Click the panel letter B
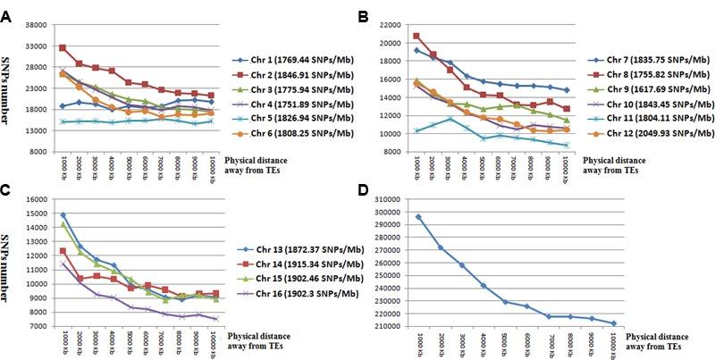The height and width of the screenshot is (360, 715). pyautogui.click(x=366, y=17)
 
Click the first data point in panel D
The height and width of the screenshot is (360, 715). pyautogui.click(x=419, y=216)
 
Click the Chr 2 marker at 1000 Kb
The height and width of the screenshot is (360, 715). pyautogui.click(x=63, y=47)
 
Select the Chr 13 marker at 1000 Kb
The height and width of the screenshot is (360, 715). pyautogui.click(x=63, y=215)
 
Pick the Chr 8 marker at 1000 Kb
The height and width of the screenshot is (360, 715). pyautogui.click(x=417, y=36)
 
